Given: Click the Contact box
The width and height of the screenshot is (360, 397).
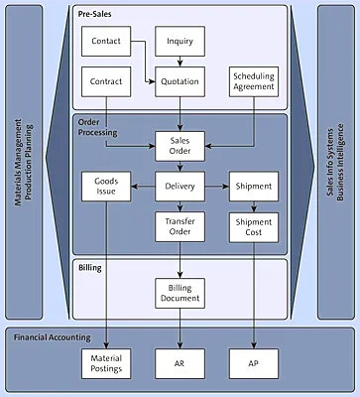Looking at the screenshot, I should [x=105, y=42].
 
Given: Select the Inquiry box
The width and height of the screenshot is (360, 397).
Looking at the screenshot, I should [x=180, y=42].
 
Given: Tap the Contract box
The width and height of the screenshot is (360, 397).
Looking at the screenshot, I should [x=105, y=82].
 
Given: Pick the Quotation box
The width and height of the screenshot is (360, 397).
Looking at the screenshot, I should [x=180, y=82].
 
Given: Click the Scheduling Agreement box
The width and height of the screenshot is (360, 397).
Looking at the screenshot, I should [x=253, y=82].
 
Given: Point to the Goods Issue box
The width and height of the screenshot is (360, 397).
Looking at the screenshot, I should [x=105, y=188].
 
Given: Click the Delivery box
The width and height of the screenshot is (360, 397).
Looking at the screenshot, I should [x=180, y=188].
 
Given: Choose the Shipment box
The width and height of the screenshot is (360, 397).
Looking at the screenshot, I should [x=253, y=188].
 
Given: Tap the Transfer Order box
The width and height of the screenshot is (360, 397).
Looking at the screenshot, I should [x=180, y=227].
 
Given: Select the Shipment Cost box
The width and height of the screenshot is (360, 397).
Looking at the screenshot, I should [x=253, y=227].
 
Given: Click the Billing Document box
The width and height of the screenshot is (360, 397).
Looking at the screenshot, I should [x=180, y=293].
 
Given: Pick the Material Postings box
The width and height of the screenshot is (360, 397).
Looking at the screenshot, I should [x=105, y=362].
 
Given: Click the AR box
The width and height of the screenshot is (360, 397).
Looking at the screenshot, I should [x=180, y=362].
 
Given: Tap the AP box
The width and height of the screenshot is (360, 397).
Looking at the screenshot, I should [x=253, y=362].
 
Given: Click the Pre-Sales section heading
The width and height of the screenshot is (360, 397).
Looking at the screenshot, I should [x=95, y=13].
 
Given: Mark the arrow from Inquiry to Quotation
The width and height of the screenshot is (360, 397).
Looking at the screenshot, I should [x=180, y=63].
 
